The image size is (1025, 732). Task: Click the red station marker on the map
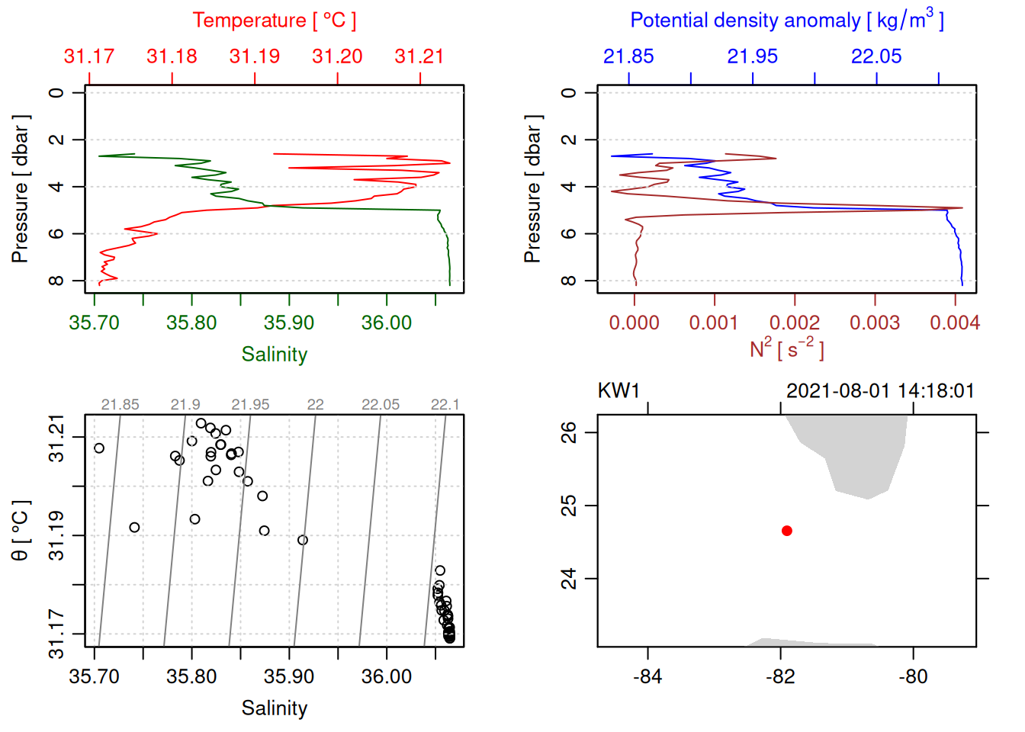[x=787, y=531]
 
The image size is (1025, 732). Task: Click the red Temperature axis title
[x=274, y=21]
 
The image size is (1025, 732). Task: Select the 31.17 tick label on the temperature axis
[x=89, y=56]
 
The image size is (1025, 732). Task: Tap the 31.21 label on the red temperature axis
[x=419, y=56]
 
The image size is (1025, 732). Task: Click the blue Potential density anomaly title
[x=786, y=21]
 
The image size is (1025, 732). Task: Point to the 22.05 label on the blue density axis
[x=876, y=56]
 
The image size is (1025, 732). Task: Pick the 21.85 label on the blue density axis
[x=628, y=56]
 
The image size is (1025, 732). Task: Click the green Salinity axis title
[x=274, y=355]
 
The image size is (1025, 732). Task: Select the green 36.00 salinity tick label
[x=387, y=323]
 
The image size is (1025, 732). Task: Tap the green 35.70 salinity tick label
[x=95, y=323]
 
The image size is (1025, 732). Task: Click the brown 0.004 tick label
[x=954, y=323]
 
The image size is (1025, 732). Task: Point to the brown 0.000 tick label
[x=635, y=323]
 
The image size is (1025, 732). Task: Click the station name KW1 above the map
[x=619, y=391]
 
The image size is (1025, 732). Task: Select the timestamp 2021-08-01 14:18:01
[x=880, y=391]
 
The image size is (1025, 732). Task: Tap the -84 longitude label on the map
[x=647, y=677]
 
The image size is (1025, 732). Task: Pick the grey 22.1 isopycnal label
[x=445, y=405]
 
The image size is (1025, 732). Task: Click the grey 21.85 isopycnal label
[x=120, y=405]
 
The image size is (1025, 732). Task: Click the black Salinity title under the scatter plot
[x=274, y=708]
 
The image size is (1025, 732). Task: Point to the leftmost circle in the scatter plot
[x=99, y=448]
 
